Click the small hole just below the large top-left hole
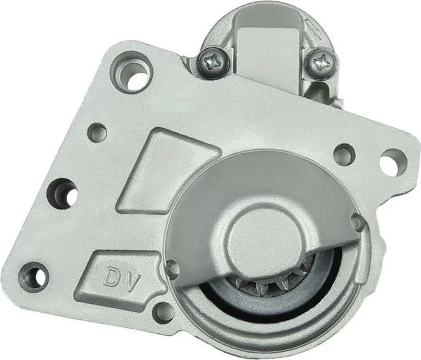pyautogui.click(x=97, y=133)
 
